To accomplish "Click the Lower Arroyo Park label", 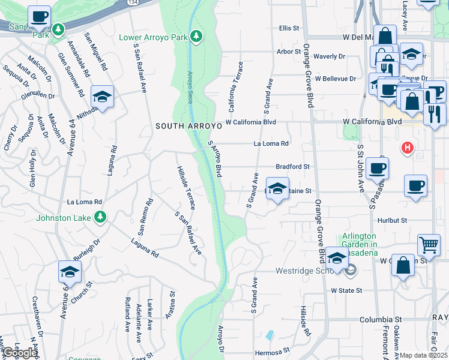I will tap(152, 38).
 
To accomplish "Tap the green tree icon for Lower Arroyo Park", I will tap(196, 37).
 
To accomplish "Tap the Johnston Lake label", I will tap(63, 217).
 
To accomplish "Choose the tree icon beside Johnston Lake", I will tap(101, 217).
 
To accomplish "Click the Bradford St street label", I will tap(292, 166).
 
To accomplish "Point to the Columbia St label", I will tap(381, 320).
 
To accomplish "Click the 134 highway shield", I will tap(131, 2).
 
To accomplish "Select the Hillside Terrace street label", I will tap(185, 188).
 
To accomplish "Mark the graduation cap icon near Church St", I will tap(70, 272).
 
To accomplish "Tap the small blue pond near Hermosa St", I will tap(270, 335).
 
